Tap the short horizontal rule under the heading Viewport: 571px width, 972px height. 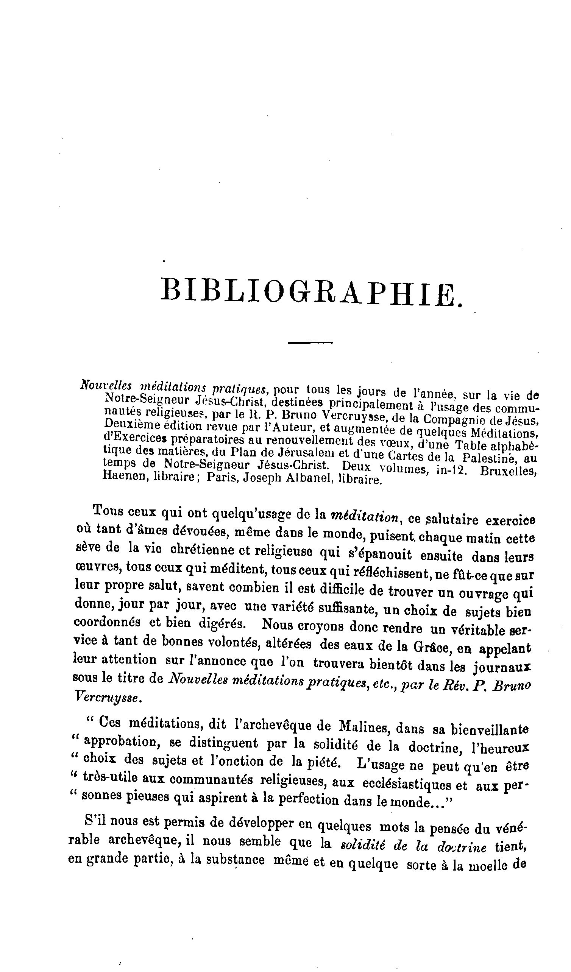click(310, 342)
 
